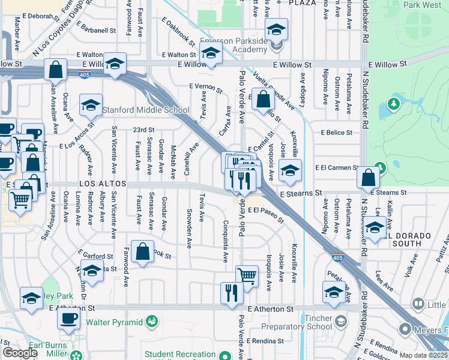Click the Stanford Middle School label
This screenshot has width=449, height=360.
coord(145,110)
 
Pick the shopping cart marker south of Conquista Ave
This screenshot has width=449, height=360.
coord(247,276)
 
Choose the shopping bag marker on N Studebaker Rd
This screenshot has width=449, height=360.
coord(368,178)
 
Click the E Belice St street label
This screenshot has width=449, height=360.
coord(336,132)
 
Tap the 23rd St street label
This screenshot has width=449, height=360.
coord(143,130)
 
